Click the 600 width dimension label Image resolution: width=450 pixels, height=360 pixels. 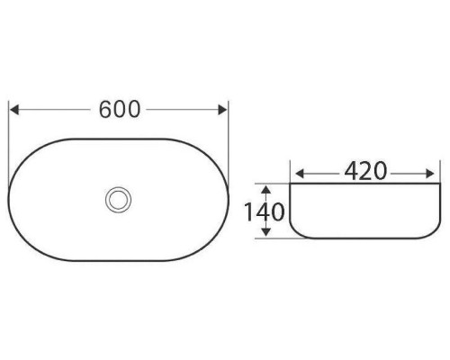pyautogui.click(x=120, y=109)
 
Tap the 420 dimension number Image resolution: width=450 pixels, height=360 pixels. pyautogui.click(x=365, y=170)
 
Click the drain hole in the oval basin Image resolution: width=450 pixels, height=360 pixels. pyautogui.click(x=117, y=198)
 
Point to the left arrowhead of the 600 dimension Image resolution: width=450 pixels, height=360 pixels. pyautogui.click(x=13, y=110)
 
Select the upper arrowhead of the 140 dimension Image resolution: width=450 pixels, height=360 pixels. pyautogui.click(x=266, y=187)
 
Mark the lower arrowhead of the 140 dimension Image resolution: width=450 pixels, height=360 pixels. pyautogui.click(x=266, y=236)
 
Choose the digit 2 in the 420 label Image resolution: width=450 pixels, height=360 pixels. pyautogui.click(x=365, y=170)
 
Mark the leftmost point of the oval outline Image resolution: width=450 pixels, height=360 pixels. pyautogui.click(x=8, y=199)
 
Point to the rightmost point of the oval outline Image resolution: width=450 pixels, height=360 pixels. pyautogui.click(x=229, y=199)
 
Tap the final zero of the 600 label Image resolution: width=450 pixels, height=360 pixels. pyautogui.click(x=135, y=109)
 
